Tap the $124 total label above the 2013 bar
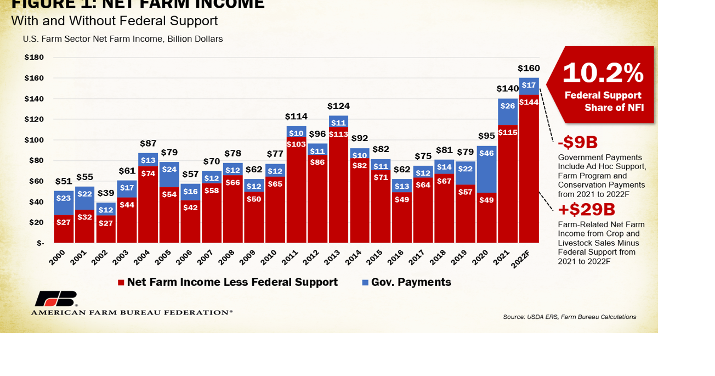[338, 106]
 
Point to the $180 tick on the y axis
[34, 57]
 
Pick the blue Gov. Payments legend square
[365, 283]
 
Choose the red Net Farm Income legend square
[121, 283]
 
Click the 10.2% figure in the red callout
[603, 73]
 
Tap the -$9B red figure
[577, 143]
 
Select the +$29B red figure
[586, 210]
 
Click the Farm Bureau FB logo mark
[55, 299]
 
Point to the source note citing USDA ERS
[569, 317]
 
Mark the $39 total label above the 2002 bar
[106, 193]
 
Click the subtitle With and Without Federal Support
[114, 21]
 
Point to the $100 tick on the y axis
[34, 140]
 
